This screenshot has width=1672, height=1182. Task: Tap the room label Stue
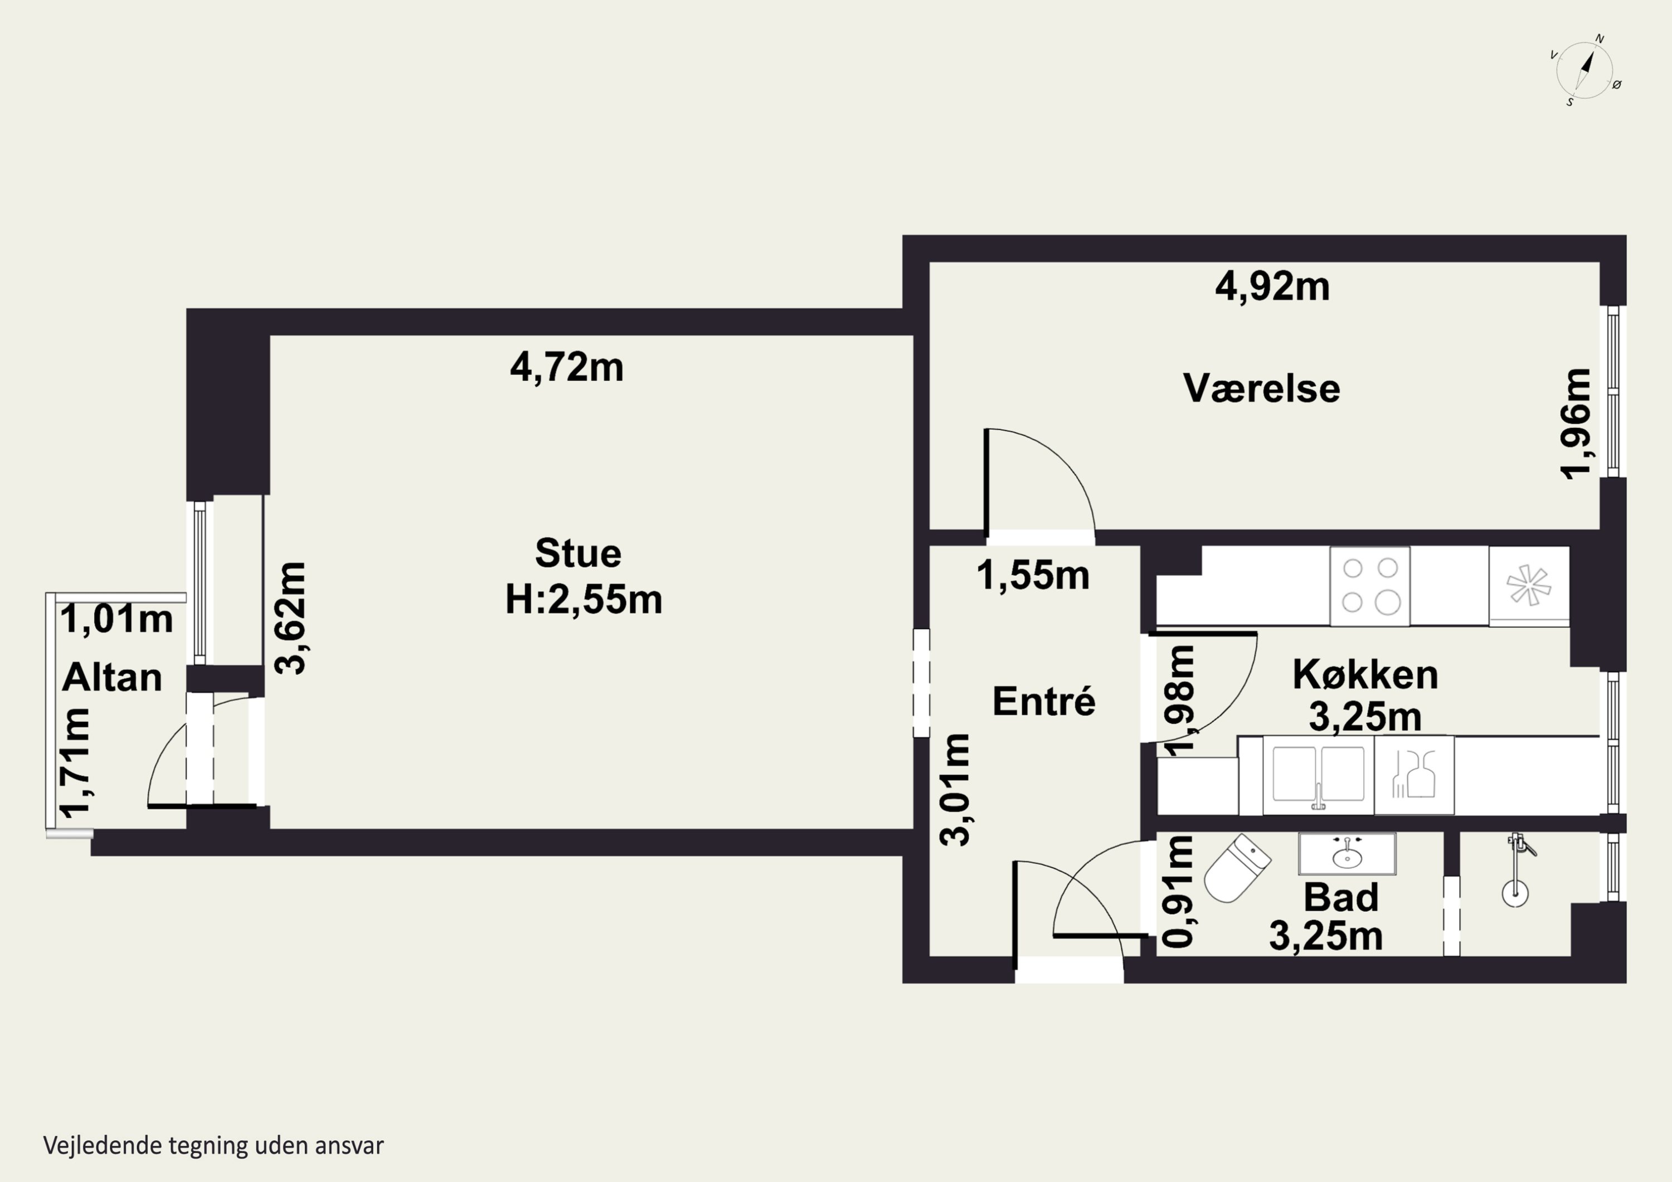point(578,553)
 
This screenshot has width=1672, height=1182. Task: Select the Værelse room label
point(1261,388)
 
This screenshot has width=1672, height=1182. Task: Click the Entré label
point(1043,701)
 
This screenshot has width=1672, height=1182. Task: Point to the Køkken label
point(1365,674)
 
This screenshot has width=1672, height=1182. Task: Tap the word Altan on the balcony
point(112,678)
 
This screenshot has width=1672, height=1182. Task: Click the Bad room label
point(1340,897)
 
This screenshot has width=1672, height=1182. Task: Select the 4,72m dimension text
point(567,367)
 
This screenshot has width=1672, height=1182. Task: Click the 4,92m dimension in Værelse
point(1272,286)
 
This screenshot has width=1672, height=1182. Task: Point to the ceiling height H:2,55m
point(584,600)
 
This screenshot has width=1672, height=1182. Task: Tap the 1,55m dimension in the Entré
point(1033,575)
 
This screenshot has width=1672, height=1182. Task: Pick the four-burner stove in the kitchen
point(1370,586)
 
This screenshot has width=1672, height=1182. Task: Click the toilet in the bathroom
point(1237,868)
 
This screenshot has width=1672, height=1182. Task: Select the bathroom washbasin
point(1347,854)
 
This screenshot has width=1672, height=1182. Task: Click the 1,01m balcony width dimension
point(116,620)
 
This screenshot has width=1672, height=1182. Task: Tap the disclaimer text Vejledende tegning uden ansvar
point(213,1146)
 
